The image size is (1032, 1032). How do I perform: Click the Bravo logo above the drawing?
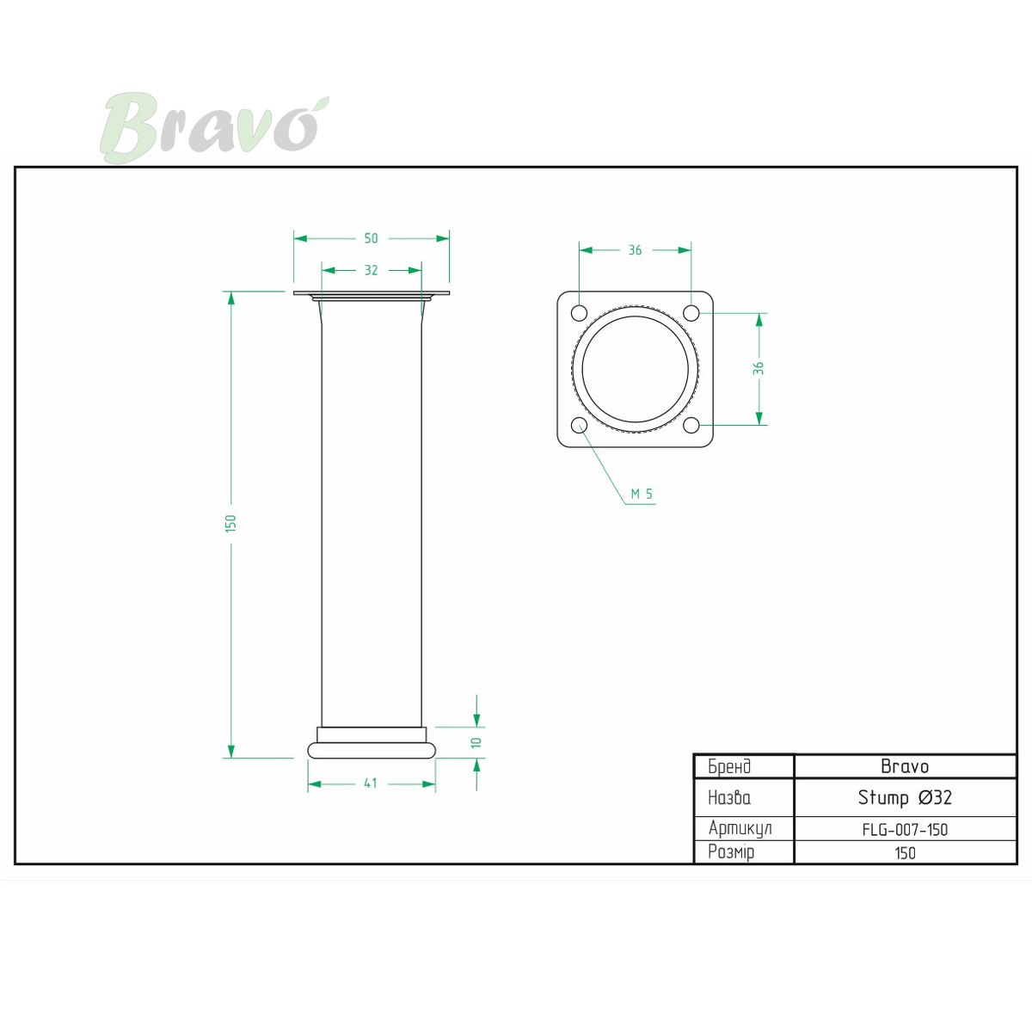coord(214,127)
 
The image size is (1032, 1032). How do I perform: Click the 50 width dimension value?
coord(372,238)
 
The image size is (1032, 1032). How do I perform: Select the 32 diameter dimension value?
coord(372,270)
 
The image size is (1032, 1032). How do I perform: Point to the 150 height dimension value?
coord(230,522)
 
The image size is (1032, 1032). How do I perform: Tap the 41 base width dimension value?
coord(371,783)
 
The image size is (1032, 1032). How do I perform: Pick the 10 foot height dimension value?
coord(476,742)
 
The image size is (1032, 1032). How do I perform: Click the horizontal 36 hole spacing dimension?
coord(635,250)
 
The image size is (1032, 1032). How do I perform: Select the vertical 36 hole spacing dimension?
coord(759,368)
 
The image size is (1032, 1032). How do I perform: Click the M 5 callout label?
coord(642,494)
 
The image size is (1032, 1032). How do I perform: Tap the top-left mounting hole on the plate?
coord(580,313)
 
